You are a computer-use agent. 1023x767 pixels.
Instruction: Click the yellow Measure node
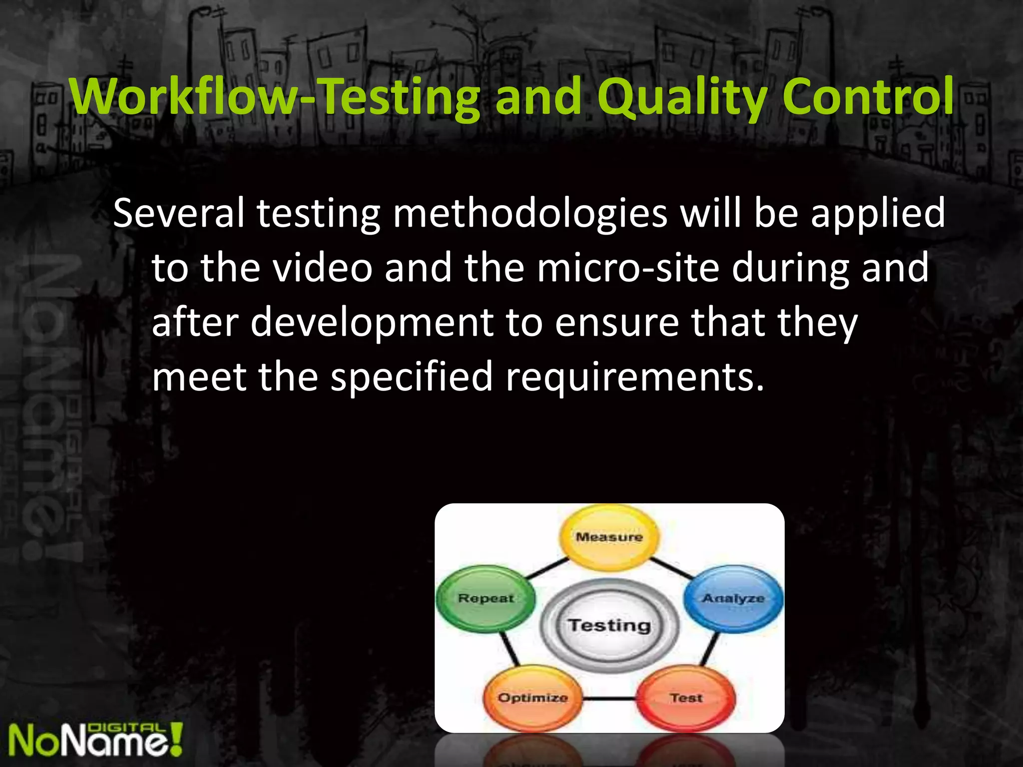[x=609, y=537]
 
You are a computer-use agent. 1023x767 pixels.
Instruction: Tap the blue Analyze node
[x=733, y=599]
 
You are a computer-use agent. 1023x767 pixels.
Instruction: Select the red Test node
[x=686, y=698]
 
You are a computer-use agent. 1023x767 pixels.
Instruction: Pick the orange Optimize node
[x=532, y=698]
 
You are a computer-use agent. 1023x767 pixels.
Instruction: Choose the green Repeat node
[x=486, y=599]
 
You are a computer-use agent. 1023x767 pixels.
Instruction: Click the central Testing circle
[x=609, y=625]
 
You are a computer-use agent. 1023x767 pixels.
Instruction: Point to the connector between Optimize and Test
[x=609, y=699]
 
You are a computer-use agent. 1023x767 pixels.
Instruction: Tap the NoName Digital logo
[x=95, y=740]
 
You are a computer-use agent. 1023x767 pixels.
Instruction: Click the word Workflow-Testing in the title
[x=275, y=97]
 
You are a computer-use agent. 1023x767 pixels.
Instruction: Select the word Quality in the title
[x=682, y=97]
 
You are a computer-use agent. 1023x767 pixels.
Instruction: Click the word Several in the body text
[x=179, y=213]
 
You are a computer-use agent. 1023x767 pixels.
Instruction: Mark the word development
[x=372, y=323]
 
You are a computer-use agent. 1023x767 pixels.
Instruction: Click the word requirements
[x=635, y=378]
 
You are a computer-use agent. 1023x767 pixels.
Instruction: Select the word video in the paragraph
[x=323, y=268]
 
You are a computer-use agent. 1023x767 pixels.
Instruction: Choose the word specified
[x=412, y=378]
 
